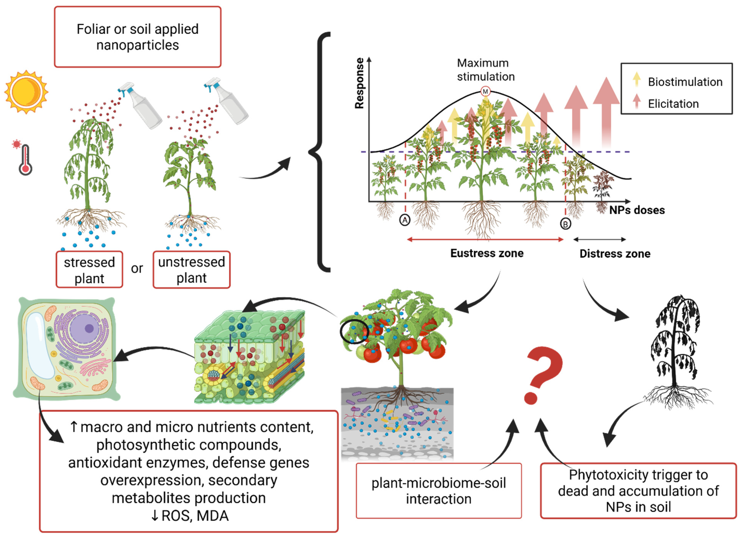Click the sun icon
pos(26,92)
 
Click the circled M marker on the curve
pos(485,91)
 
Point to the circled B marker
pos(565,224)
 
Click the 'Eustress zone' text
pos(487,253)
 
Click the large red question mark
pos(542,374)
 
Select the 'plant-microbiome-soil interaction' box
pos(438,491)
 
